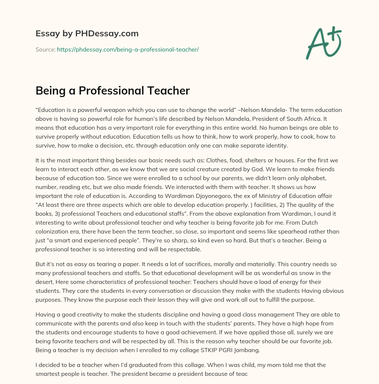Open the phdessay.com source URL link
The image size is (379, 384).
tap(128, 49)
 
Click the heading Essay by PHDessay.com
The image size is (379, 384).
tap(87, 34)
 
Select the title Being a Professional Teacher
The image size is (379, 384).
tap(113, 90)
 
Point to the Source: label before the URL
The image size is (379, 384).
tap(45, 49)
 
